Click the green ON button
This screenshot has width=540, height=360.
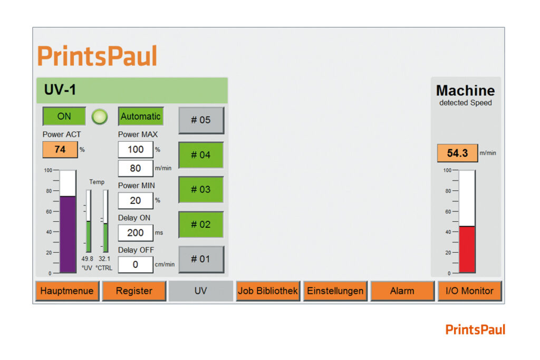coord(64,116)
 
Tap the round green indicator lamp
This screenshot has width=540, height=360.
coord(100,116)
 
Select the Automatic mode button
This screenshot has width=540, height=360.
coord(140,116)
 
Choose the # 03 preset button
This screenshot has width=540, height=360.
coord(201,190)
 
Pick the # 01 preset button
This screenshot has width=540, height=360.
coord(201,259)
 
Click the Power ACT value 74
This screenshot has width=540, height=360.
coord(60,149)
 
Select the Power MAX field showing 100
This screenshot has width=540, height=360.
coord(136,149)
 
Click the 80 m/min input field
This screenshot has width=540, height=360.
coord(136,168)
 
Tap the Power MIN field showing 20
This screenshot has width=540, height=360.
coord(136,200)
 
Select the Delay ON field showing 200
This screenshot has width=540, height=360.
coord(136,232)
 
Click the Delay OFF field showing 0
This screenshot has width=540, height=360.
coord(136,264)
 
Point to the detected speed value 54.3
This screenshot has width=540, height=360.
coord(457,153)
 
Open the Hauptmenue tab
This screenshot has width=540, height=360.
coord(67,291)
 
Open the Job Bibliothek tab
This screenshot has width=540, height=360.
coord(268,291)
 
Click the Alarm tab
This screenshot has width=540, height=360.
coord(402,291)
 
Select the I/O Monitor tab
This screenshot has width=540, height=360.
coord(469,291)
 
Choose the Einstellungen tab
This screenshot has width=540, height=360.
coord(335,291)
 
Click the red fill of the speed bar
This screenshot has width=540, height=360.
coord(467,249)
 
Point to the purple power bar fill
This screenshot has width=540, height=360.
coord(68,235)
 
